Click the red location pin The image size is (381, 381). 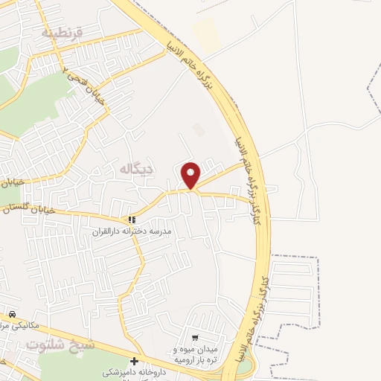click(x=191, y=175)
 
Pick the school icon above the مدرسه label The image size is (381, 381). click(x=132, y=220)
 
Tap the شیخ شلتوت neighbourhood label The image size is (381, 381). click(x=61, y=345)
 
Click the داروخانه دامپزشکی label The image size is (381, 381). click(x=135, y=373)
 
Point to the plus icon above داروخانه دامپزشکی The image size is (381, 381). click(x=135, y=361)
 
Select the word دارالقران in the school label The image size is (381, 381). click(x=106, y=232)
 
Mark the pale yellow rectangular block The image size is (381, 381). click(x=205, y=33)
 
